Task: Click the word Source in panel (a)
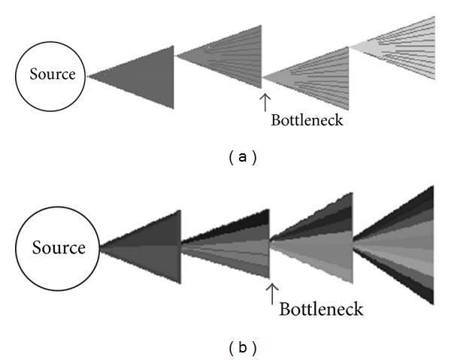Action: (x=52, y=74)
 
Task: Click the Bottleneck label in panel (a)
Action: (x=306, y=119)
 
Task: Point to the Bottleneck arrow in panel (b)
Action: (x=272, y=292)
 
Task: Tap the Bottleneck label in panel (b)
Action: (x=321, y=308)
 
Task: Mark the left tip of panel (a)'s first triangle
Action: (x=88, y=76)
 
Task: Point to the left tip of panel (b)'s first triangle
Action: (x=99, y=247)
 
